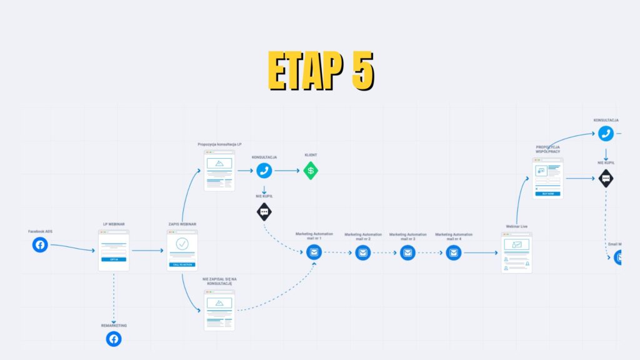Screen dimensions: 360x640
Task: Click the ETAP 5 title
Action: (x=320, y=70)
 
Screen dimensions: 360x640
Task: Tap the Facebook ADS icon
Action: (x=40, y=245)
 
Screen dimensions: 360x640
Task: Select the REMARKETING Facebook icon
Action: (x=113, y=339)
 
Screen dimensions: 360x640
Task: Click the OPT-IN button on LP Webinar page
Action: (x=114, y=259)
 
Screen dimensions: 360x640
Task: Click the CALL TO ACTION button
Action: (x=182, y=264)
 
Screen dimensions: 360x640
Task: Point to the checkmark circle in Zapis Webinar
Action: (x=182, y=244)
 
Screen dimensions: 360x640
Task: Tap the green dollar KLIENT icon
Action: (x=311, y=170)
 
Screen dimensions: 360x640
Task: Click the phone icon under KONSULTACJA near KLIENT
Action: (x=264, y=170)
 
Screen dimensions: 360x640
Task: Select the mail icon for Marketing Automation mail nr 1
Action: (x=314, y=252)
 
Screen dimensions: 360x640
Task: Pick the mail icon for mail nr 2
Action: (x=362, y=252)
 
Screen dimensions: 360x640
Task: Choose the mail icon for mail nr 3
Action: (x=407, y=252)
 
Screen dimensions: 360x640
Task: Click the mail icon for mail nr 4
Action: (x=454, y=252)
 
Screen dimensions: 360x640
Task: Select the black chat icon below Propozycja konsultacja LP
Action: (x=264, y=212)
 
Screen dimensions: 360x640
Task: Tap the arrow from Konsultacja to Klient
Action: (x=287, y=170)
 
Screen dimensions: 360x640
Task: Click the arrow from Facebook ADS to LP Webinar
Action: (x=72, y=248)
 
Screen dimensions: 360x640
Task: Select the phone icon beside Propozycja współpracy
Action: (x=605, y=133)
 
